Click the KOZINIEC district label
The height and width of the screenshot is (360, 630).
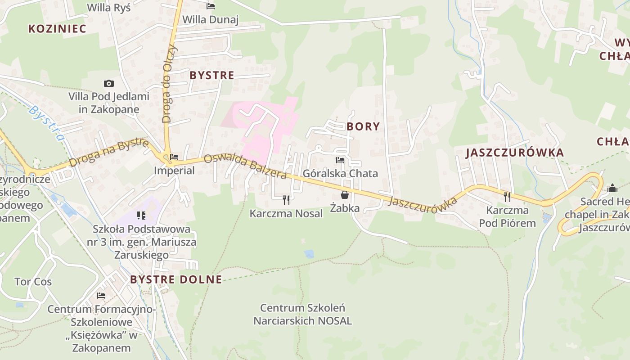57,29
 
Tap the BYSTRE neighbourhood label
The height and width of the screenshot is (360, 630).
212,75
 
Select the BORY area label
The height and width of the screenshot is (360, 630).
363,126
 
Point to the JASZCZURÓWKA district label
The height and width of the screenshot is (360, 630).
514,153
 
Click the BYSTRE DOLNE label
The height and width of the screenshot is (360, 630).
176,279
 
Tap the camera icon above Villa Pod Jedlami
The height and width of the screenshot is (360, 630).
108,83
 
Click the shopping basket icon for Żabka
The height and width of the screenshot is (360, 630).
345,195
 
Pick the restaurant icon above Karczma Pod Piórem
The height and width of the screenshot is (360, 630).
507,197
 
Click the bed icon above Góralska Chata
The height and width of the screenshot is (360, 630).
340,160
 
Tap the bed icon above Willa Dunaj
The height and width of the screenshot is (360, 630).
211,6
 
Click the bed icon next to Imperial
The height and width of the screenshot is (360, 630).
174,157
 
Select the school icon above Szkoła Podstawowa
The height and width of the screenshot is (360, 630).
141,216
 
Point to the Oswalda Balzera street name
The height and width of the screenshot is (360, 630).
245,166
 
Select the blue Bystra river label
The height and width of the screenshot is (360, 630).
47,123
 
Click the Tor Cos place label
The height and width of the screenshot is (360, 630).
33,282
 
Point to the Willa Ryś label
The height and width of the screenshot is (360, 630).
108,8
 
